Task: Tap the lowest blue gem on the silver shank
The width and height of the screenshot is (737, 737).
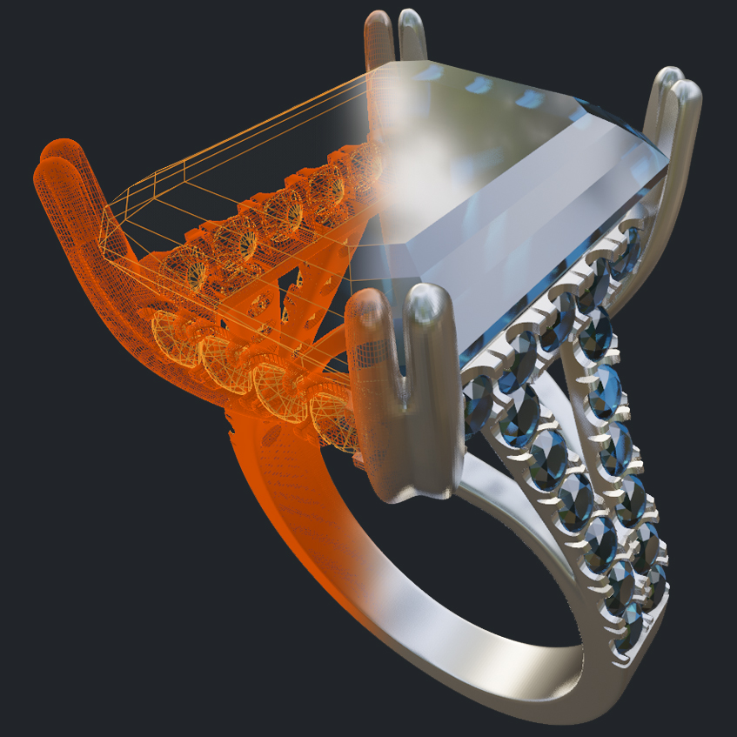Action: coord(628,631)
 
